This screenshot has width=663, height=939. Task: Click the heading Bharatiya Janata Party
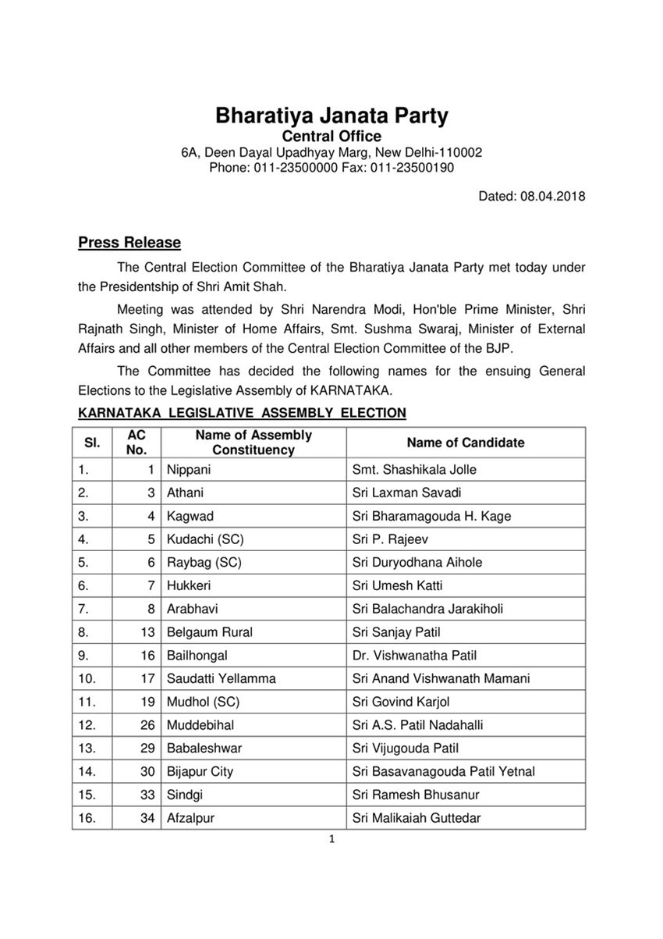coord(331,117)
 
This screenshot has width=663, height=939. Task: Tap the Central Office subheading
coord(331,137)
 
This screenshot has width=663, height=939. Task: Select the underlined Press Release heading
coord(129,243)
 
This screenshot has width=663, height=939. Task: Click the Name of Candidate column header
coord(466,443)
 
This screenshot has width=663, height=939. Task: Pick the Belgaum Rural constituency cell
coord(210,632)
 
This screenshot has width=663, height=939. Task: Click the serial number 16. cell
coord(88,818)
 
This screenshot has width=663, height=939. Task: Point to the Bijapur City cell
coord(200,772)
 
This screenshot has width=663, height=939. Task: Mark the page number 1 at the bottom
coord(331,840)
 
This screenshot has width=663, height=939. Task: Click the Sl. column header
coord(92,443)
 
